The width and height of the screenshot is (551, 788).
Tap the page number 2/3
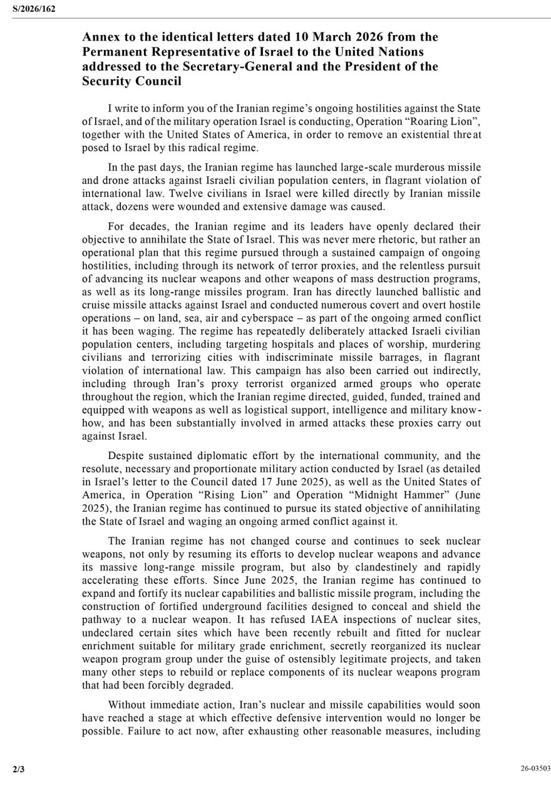coord(18,768)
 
